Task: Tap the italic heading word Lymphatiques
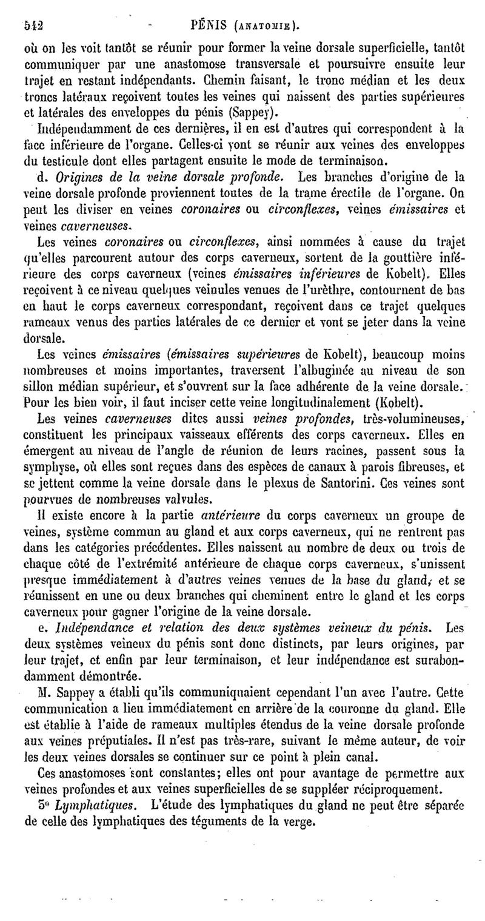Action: click(x=84, y=806)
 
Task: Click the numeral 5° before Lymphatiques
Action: click(x=44, y=806)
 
